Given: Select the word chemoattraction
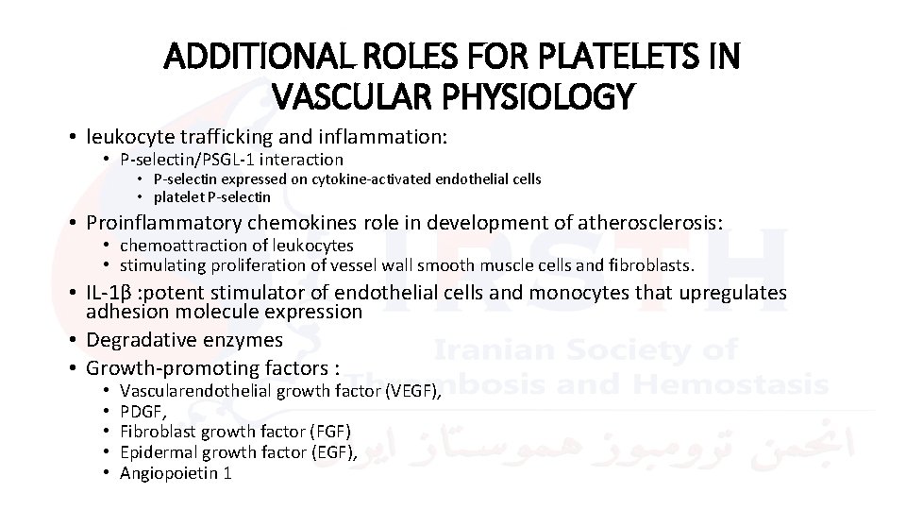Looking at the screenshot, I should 177,246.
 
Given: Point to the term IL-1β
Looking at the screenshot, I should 109,294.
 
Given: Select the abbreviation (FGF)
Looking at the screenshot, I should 327,432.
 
